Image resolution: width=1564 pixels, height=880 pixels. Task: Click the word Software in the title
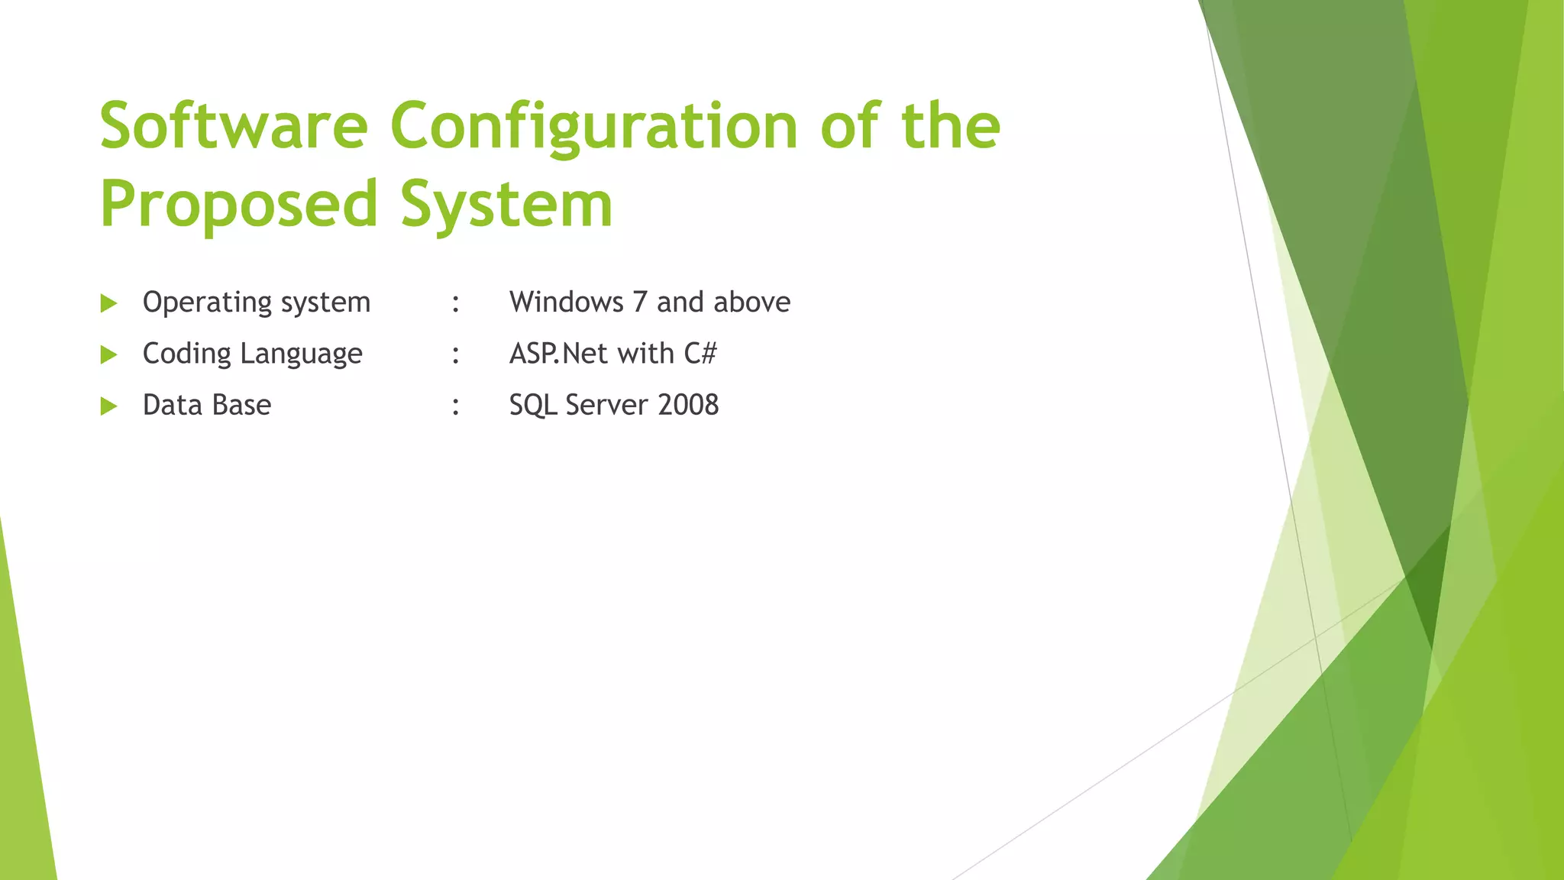[234, 126]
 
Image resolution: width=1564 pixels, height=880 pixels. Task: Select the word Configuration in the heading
[594, 126]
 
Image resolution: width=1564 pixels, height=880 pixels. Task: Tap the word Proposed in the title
[239, 205]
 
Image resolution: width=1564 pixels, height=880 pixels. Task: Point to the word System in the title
[506, 205]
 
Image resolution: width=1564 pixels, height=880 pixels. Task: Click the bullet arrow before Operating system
[108, 304]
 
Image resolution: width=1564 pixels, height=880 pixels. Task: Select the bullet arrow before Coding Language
[108, 355]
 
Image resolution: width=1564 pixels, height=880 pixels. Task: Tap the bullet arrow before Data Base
[108, 406]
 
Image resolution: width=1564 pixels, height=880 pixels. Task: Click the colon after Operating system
[456, 303]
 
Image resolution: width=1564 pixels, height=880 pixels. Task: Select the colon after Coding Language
[456, 354]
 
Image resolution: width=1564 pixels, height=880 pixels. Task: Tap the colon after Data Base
[456, 406]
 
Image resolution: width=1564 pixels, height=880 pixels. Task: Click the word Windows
[566, 302]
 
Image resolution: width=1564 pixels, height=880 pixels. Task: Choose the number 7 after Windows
[640, 302]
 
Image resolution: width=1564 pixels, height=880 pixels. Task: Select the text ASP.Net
[554, 354]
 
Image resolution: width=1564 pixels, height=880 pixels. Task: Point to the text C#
[700, 354]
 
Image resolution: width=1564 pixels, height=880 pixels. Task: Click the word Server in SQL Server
[607, 405]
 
